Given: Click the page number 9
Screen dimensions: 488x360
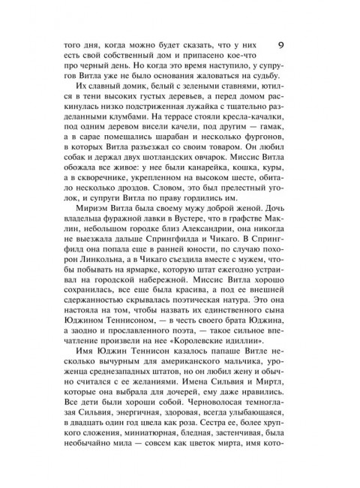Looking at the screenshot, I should click(x=281, y=46).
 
